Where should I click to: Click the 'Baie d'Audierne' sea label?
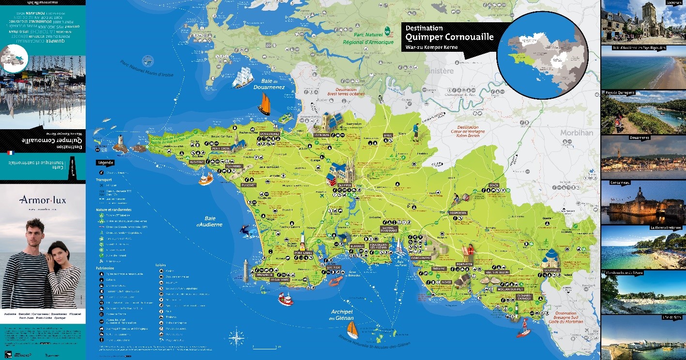tap(209, 221)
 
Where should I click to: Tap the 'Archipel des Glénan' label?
tap(342, 315)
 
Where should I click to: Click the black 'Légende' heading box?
tap(107, 163)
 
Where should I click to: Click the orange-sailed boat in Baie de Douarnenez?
tap(264, 104)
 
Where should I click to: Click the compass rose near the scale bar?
tap(236, 337)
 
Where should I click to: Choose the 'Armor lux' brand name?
tap(43, 200)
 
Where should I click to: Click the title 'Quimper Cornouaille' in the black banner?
tap(449, 37)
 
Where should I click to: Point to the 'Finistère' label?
tap(439, 71)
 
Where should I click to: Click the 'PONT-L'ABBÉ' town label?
tap(303, 253)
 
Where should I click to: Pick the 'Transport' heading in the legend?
tap(104, 180)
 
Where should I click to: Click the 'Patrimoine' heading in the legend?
tap(105, 268)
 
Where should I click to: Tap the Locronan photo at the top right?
tap(643, 22)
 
